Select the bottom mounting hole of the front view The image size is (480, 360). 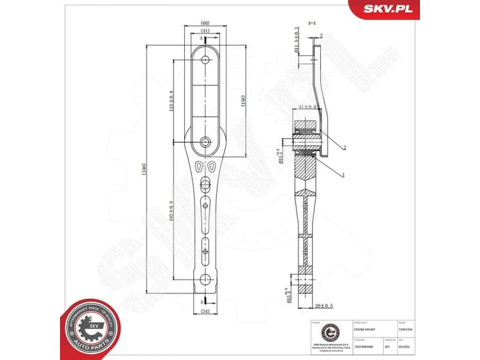point(206,278)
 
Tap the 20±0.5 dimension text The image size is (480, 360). point(324,306)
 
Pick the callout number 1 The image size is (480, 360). point(343,175)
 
